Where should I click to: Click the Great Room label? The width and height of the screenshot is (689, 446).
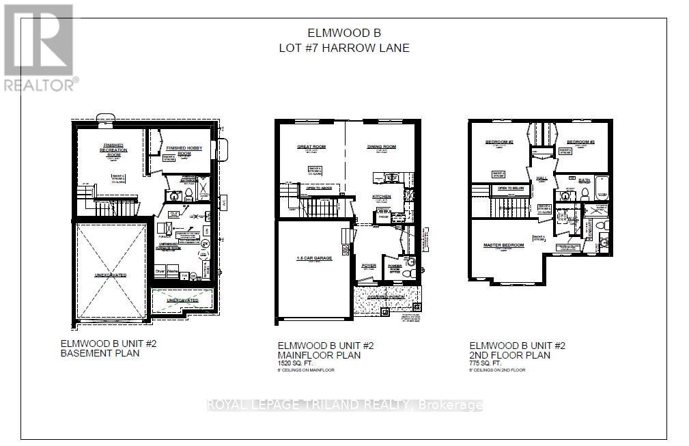[x=311, y=147]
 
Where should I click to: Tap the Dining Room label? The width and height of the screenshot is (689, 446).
[x=382, y=147]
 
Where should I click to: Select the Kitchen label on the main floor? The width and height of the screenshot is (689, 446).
[x=381, y=197]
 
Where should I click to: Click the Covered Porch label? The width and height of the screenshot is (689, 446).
[x=386, y=296]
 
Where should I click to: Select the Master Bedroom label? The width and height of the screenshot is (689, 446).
[x=503, y=245]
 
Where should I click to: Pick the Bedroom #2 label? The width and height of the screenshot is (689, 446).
[x=498, y=142]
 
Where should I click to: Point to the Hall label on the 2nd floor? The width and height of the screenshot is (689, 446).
[x=542, y=178]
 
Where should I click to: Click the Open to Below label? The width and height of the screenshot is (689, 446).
[x=510, y=188]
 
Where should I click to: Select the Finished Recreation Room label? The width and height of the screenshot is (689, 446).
[x=113, y=150]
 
